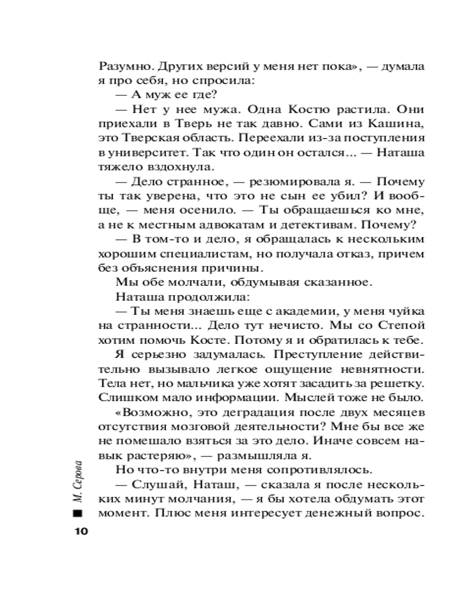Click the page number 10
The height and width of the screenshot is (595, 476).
coord(79,531)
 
